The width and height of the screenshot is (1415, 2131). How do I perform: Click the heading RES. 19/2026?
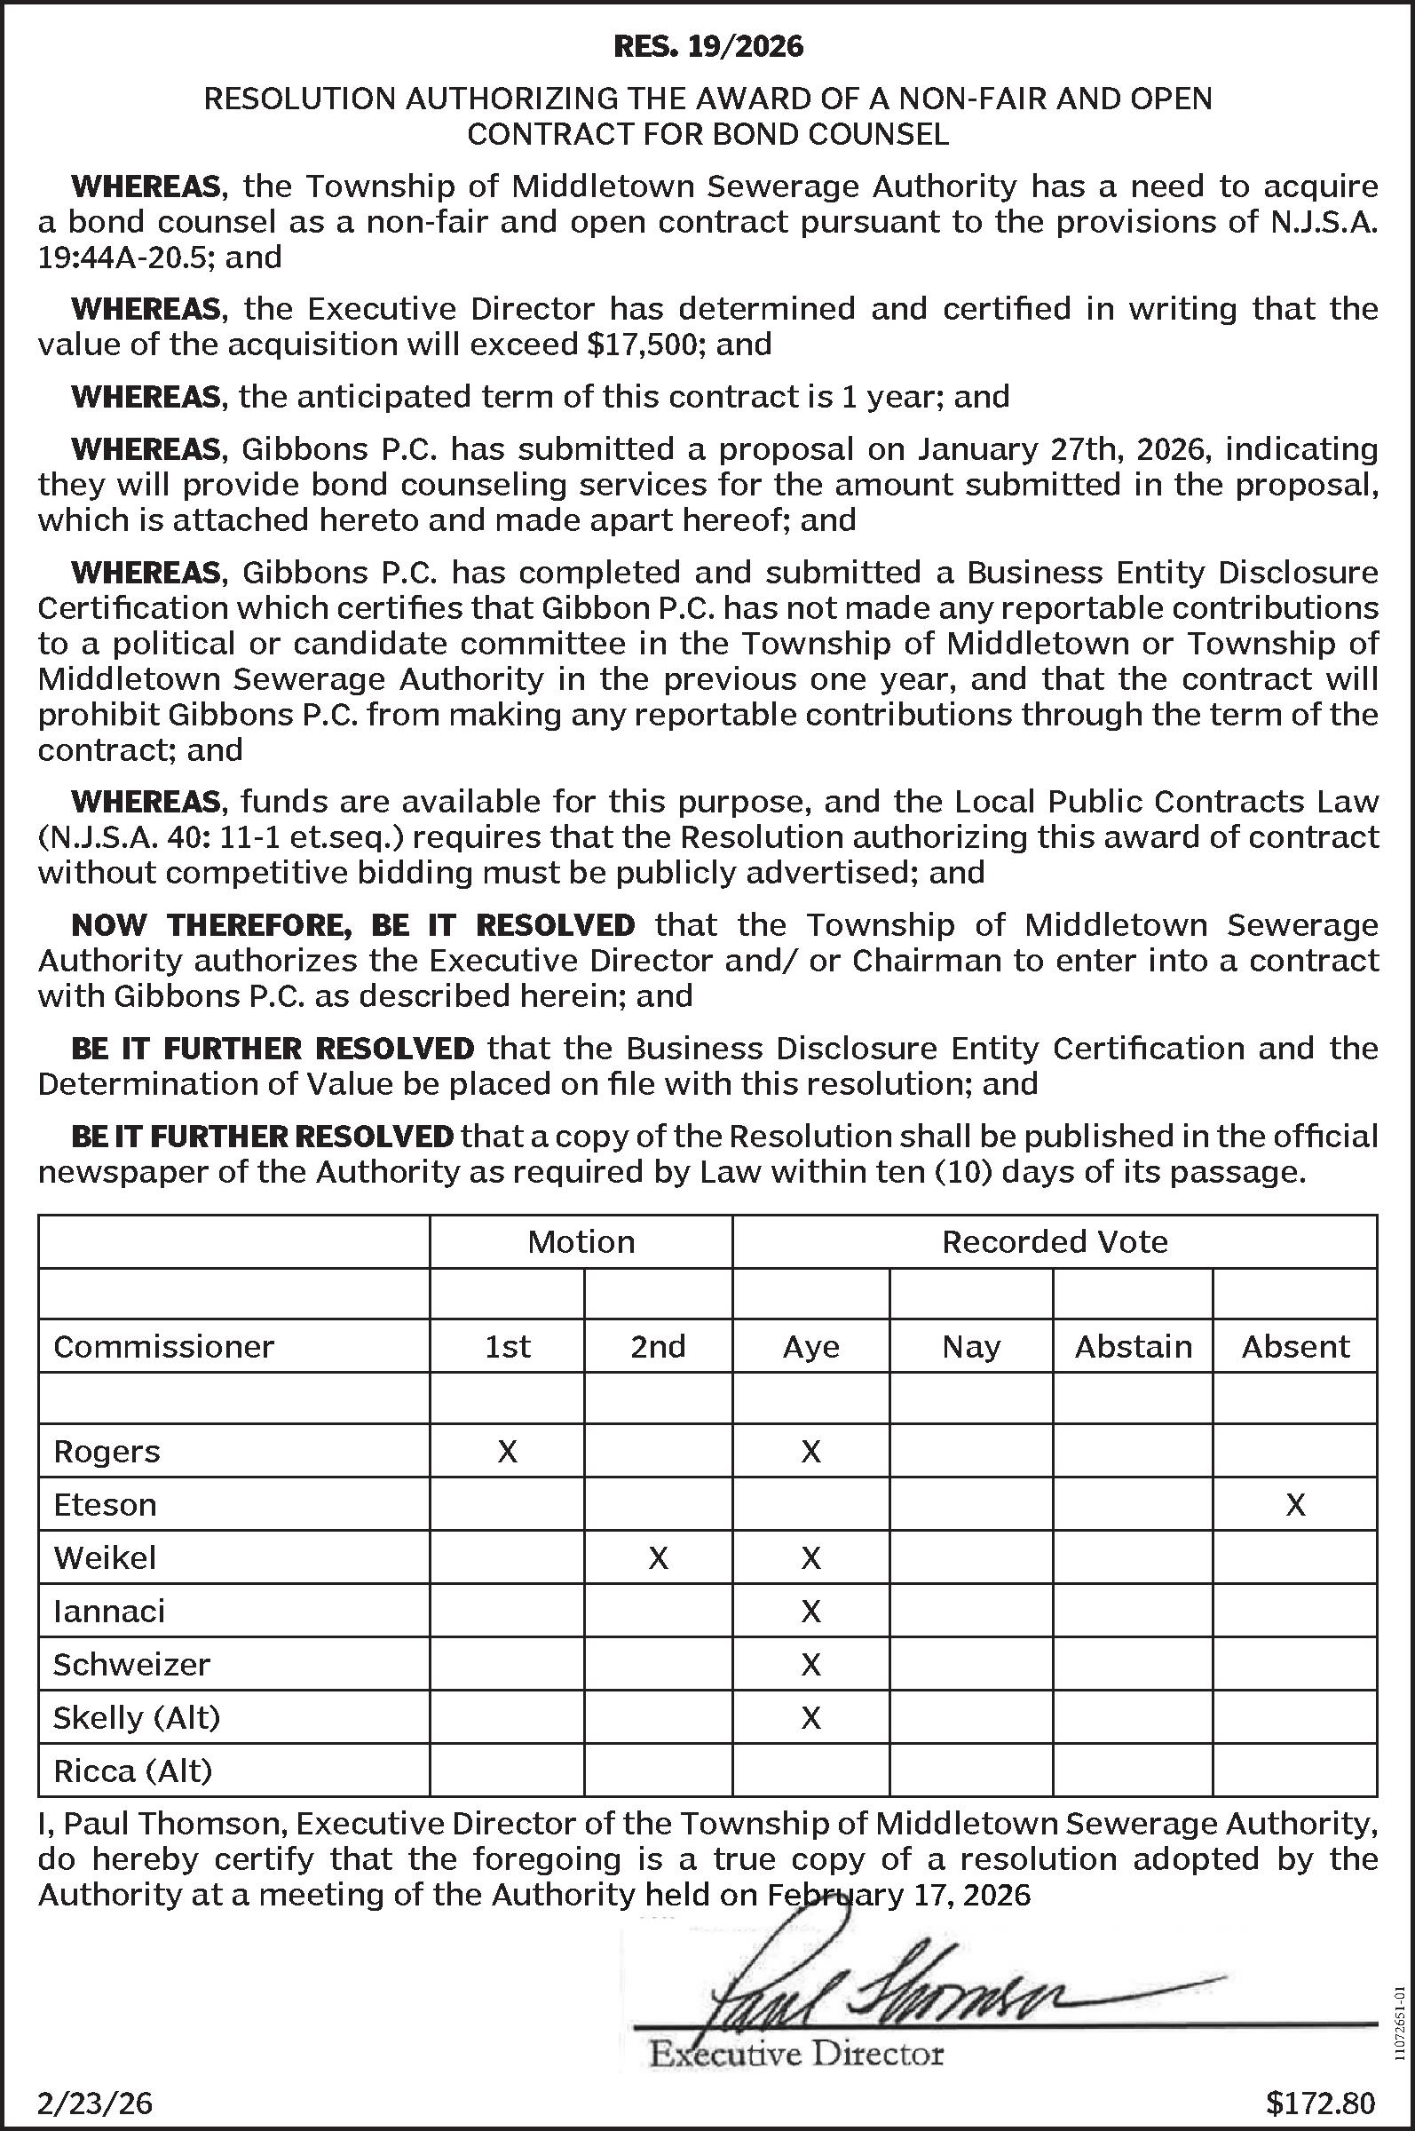click(707, 46)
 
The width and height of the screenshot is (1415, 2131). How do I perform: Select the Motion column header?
click(581, 1242)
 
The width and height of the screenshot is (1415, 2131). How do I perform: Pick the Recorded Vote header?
click(1054, 1242)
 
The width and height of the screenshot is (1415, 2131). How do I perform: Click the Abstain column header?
click(1133, 1347)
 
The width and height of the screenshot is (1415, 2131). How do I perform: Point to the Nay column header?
click(971, 1347)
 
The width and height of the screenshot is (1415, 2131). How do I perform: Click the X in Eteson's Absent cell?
click(1295, 1505)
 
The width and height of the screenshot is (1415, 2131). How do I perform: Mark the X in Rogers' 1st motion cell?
click(507, 1452)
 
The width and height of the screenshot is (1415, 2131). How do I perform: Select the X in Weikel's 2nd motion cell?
click(658, 1558)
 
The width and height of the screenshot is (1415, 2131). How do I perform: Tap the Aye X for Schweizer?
click(810, 1664)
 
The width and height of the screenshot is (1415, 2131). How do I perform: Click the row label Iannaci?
click(109, 1611)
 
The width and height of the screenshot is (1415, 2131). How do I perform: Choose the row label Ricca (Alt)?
click(132, 1771)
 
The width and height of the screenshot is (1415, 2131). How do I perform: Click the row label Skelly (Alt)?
click(137, 1717)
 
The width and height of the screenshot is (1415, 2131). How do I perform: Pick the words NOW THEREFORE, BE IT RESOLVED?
click(352, 925)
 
